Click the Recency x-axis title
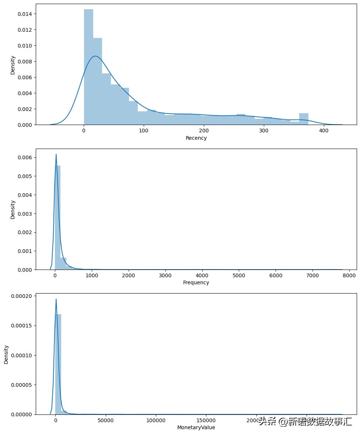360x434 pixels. [x=196, y=138]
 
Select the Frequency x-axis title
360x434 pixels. [x=196, y=282]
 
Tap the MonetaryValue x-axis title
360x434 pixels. [x=196, y=427]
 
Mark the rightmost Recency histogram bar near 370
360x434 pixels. [x=304, y=119]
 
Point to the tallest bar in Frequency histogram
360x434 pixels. [x=57, y=218]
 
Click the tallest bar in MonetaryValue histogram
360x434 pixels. [x=58, y=365]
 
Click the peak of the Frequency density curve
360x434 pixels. [x=56, y=154]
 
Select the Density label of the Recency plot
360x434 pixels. [x=13, y=65]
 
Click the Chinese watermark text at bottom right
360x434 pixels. [x=305, y=421]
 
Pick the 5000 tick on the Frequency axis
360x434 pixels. [x=239, y=275]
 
